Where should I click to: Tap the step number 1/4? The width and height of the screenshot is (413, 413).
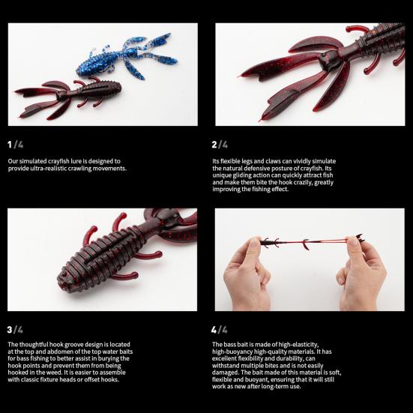click(x=15, y=144)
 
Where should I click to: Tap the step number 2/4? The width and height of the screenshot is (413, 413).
click(x=220, y=144)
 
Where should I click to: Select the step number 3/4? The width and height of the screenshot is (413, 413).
click(x=15, y=329)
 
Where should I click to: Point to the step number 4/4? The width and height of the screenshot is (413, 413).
click(x=220, y=329)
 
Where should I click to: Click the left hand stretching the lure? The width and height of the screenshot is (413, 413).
click(x=246, y=274)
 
